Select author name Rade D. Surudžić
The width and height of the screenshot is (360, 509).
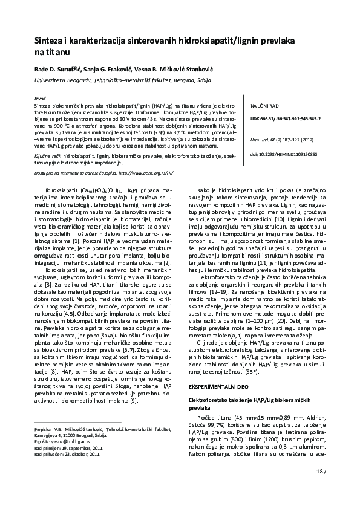[58, 68]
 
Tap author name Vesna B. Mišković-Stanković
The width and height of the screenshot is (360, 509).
[171, 68]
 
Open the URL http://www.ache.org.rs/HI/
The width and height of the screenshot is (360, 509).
[148, 172]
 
